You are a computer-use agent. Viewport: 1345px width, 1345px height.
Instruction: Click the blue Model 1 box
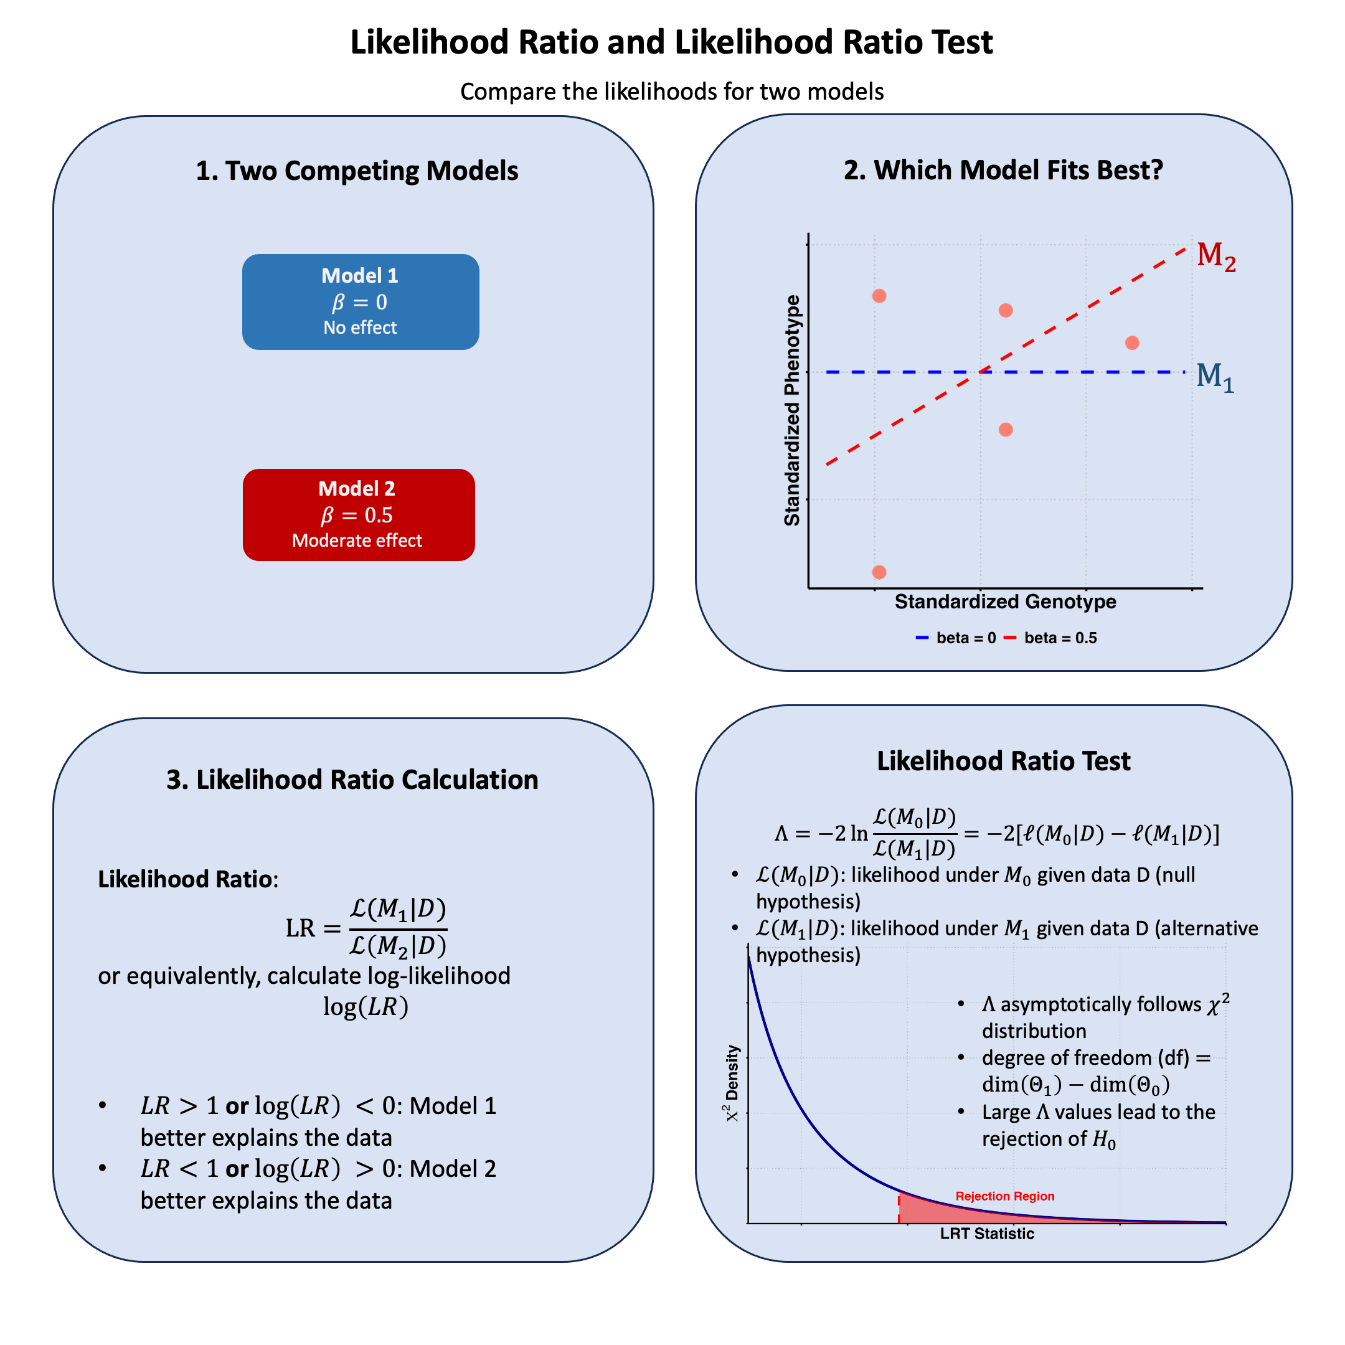[x=360, y=301]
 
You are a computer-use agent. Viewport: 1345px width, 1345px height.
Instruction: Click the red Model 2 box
[x=359, y=514]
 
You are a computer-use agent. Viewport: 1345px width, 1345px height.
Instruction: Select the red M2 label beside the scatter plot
[x=1215, y=256]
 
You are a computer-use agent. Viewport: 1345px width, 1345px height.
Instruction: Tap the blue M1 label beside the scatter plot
[x=1215, y=377]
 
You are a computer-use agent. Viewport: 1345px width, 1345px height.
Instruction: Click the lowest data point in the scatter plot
[x=879, y=572]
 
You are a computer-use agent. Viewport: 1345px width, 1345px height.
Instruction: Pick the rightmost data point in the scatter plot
[x=1132, y=342]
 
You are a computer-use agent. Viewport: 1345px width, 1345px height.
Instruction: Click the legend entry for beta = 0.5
[x=1050, y=638]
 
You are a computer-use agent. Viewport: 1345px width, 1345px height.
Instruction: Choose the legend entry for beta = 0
[x=956, y=638]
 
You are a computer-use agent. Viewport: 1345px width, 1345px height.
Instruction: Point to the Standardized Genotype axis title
[x=1004, y=602]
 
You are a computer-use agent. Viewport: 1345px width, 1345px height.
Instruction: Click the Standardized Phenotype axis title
[x=792, y=410]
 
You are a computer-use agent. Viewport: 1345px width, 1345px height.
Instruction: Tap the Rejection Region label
[x=1004, y=1196]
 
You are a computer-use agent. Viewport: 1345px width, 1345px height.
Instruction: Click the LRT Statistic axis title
[x=986, y=1234]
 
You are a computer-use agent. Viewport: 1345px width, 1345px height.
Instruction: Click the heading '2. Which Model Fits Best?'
[x=1003, y=170]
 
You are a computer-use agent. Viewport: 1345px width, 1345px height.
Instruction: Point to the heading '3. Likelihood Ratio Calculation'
[x=352, y=780]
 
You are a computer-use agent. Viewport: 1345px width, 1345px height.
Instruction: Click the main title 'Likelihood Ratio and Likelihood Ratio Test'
[x=671, y=42]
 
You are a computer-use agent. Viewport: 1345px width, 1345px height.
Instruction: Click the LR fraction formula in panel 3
[x=367, y=928]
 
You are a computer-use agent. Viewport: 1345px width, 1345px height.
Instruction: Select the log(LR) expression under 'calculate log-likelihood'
[x=366, y=1007]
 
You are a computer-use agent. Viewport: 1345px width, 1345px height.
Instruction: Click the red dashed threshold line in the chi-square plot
[x=899, y=1209]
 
